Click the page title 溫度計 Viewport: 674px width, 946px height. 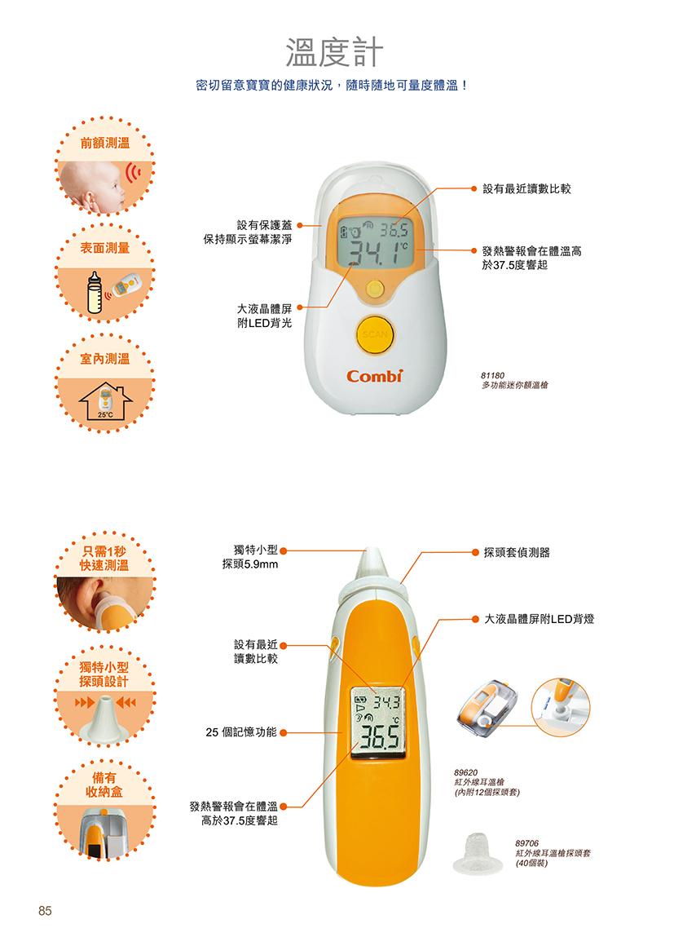click(334, 52)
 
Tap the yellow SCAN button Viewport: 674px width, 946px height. click(374, 334)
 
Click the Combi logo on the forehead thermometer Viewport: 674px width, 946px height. click(374, 377)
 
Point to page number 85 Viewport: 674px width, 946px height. click(45, 910)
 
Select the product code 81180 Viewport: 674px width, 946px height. click(492, 375)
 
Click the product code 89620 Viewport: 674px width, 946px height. click(465, 772)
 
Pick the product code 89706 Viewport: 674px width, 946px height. click(527, 842)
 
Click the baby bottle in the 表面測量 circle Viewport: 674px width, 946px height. click(94, 294)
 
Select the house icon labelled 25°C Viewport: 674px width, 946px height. click(105, 402)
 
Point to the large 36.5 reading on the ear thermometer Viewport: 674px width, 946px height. click(379, 736)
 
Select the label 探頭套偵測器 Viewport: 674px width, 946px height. click(517, 553)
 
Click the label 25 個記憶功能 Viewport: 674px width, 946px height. click(241, 732)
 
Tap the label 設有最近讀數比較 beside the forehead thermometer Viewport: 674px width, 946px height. click(527, 189)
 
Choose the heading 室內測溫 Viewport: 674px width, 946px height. click(105, 359)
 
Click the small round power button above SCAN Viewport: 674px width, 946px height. click(375, 288)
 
